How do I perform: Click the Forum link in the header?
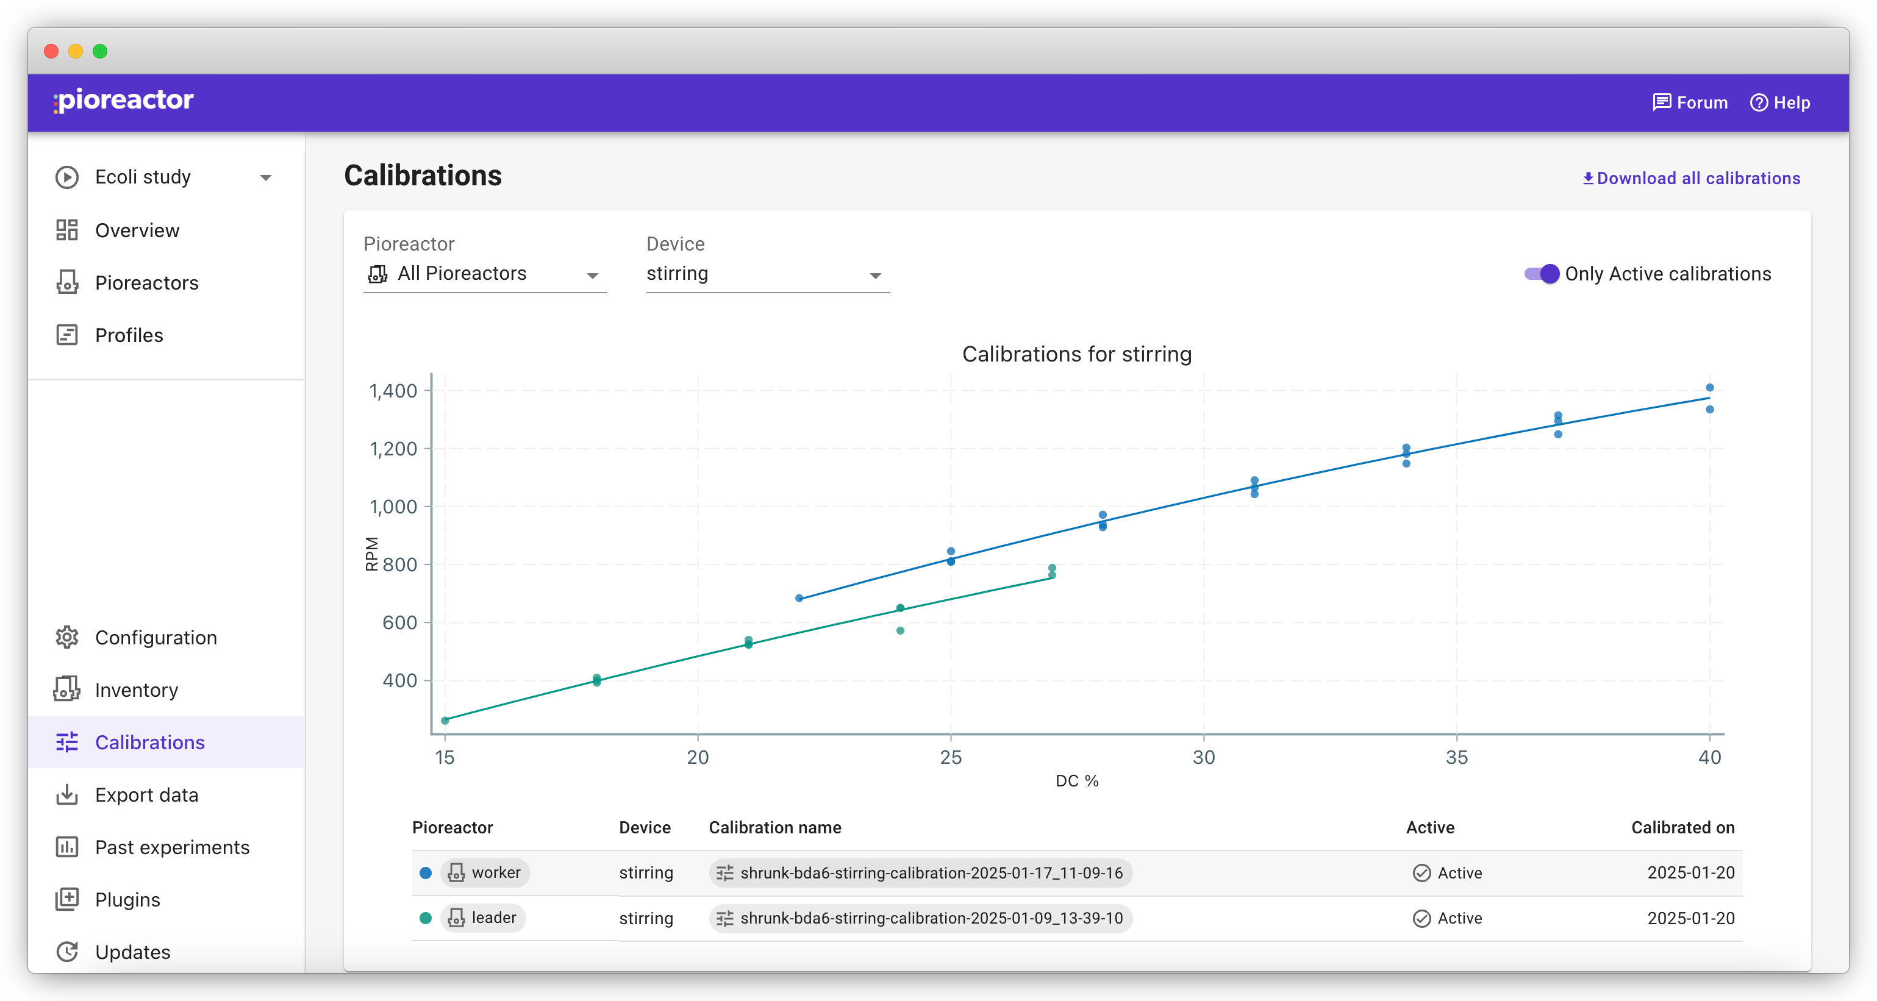pyautogui.click(x=1690, y=103)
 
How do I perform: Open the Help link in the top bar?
pyautogui.click(x=1779, y=103)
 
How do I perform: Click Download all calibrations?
pyautogui.click(x=1691, y=179)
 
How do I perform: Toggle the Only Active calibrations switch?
pyautogui.click(x=1541, y=274)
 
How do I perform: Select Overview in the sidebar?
pyautogui.click(x=137, y=230)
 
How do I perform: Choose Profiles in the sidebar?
pyautogui.click(x=129, y=335)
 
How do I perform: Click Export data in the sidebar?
pyautogui.click(x=146, y=795)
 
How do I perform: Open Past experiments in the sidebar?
pyautogui.click(x=172, y=847)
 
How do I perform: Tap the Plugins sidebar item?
pyautogui.click(x=127, y=900)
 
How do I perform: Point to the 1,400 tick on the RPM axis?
pyautogui.click(x=393, y=391)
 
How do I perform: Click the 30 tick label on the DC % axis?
pyautogui.click(x=1204, y=757)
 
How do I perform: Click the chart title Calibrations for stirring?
pyautogui.click(x=1077, y=354)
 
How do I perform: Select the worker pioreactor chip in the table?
pyautogui.click(x=485, y=873)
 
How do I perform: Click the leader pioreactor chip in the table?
pyautogui.click(x=483, y=918)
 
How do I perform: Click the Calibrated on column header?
pyautogui.click(x=1683, y=828)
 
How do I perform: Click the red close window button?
pyautogui.click(x=51, y=51)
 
